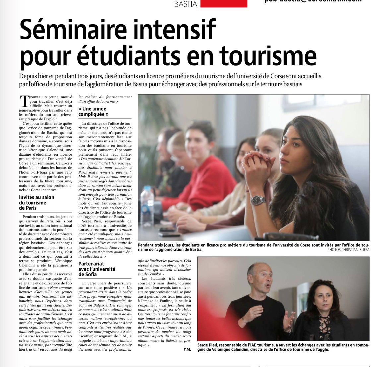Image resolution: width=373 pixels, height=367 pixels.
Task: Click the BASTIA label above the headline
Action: [186, 4]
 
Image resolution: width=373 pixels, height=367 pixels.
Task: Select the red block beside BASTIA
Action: [224, 4]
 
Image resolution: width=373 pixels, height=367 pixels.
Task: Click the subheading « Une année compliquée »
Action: [93, 111]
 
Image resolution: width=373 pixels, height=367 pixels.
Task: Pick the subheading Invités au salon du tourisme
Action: [36, 202]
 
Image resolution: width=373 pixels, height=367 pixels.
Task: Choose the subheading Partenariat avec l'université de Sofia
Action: [97, 269]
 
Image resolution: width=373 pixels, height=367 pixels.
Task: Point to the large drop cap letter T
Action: [24, 102]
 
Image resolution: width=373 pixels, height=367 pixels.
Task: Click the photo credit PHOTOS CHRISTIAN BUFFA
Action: [348, 250]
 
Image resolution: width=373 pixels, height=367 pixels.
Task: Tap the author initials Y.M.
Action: [187, 349]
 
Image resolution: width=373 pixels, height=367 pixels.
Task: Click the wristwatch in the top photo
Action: [258, 200]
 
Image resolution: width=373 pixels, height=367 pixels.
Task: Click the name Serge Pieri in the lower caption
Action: [208, 345]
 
